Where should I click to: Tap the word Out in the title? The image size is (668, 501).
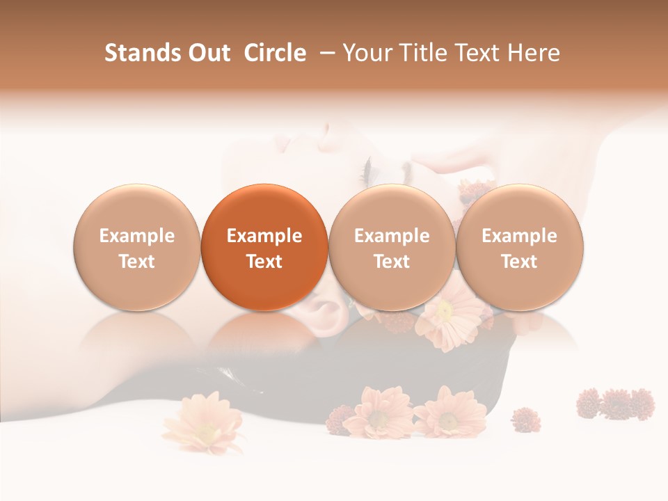click(x=207, y=53)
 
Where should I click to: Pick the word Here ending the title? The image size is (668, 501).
click(x=535, y=53)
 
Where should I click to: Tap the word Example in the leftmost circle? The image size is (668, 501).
click(x=136, y=236)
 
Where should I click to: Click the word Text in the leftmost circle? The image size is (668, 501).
click(x=136, y=262)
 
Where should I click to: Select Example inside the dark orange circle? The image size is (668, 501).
click(x=264, y=236)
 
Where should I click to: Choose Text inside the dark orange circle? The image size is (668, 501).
click(x=264, y=262)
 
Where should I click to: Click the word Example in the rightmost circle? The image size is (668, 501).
click(x=519, y=236)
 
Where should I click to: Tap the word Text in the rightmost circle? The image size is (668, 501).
click(x=519, y=262)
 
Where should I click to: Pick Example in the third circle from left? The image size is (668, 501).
click(x=392, y=236)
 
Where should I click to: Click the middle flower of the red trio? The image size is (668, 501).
click(x=617, y=403)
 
